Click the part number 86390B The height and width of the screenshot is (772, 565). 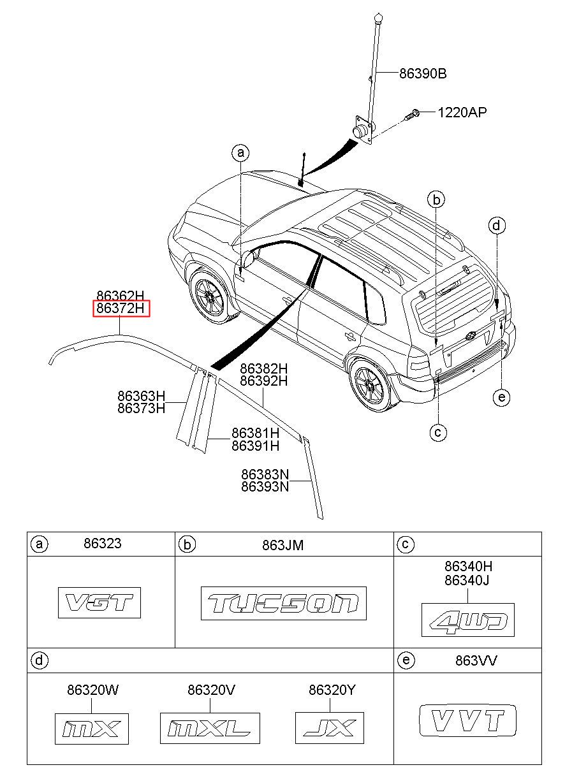[x=423, y=73]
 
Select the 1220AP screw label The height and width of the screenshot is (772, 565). [x=462, y=112]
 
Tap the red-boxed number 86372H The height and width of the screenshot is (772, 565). [x=121, y=308]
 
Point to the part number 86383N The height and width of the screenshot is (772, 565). [x=265, y=474]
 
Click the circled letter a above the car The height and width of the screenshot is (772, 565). [x=240, y=152]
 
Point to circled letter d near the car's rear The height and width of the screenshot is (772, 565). [x=497, y=226]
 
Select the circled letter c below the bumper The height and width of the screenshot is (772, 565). [x=438, y=432]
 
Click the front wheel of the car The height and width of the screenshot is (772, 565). [x=209, y=296]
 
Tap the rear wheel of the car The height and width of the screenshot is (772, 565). [x=371, y=384]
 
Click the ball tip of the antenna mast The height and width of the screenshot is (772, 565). [x=378, y=17]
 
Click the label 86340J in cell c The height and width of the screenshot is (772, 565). [x=467, y=580]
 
